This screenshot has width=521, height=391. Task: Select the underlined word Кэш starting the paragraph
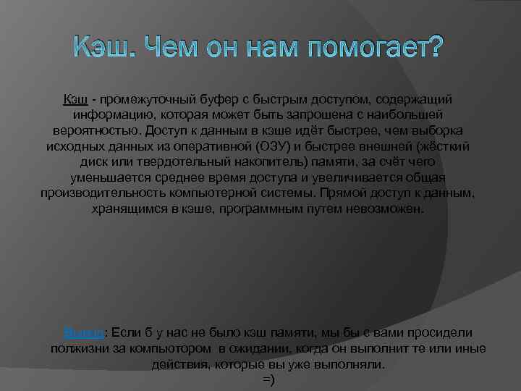[75, 98]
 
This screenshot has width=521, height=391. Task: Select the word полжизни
[76, 349]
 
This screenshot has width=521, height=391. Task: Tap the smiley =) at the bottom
[267, 381]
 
